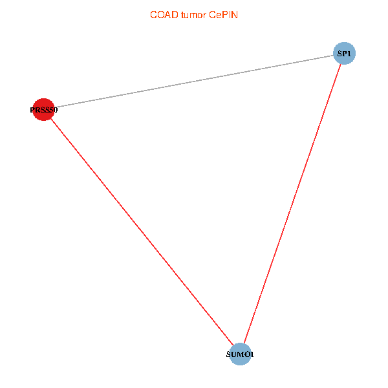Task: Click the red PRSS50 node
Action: point(43,109)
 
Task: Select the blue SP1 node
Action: point(344,54)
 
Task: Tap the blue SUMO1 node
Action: point(240,354)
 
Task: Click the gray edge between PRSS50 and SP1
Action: point(194,81)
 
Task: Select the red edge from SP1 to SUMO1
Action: point(292,204)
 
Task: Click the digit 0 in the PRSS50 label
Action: point(56,110)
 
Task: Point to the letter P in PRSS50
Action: point(32,110)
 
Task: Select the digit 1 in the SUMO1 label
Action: point(252,355)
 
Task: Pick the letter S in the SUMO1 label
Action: point(229,355)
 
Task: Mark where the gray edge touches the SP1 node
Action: point(333,56)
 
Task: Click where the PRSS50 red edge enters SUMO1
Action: point(233,346)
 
